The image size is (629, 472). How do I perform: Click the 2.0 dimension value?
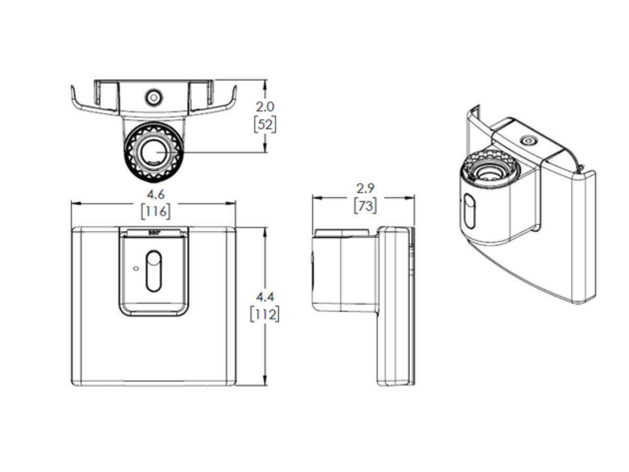265,106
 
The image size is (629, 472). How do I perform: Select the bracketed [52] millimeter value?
265,124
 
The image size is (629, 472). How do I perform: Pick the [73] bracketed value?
365,206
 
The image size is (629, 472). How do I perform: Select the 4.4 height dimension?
266,297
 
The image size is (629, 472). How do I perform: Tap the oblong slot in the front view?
154,271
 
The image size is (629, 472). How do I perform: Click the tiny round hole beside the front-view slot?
136,269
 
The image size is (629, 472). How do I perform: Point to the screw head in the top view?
154,98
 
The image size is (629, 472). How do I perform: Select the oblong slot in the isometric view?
470,211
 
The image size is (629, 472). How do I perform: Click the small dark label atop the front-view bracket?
154,231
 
